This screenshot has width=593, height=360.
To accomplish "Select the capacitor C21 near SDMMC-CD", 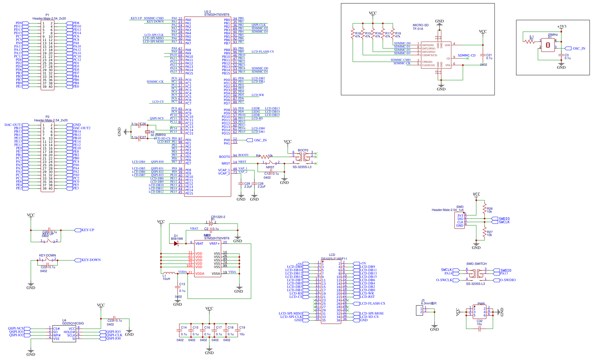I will [x=483, y=56].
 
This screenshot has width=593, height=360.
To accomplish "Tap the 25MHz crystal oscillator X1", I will [x=548, y=45].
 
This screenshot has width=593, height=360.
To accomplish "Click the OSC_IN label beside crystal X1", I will [x=579, y=48].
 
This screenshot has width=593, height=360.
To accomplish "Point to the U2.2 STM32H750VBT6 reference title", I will [x=216, y=13].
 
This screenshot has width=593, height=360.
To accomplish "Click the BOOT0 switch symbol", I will [x=303, y=155].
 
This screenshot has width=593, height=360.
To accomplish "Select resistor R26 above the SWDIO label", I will [x=485, y=209].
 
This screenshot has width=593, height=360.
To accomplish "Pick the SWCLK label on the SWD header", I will [x=504, y=222].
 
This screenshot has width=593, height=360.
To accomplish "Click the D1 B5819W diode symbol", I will [x=176, y=244].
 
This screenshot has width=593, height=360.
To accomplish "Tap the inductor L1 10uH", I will [x=169, y=274].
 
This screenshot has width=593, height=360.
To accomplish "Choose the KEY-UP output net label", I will [x=88, y=230].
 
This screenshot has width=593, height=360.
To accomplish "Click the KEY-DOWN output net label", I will [x=91, y=260].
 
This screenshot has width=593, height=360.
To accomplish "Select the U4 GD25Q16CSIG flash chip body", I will [x=64, y=334].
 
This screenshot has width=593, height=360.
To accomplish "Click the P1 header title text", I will [x=49, y=17].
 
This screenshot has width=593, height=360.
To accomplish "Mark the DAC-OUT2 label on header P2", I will [x=82, y=128].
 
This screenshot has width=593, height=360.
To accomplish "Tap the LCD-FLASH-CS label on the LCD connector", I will [x=372, y=304].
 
